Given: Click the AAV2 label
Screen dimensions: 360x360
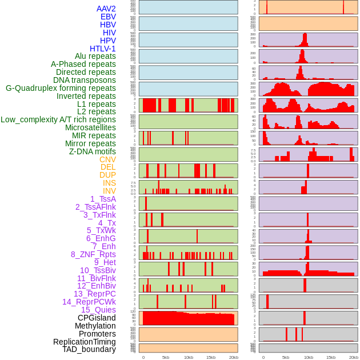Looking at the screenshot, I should coord(106,9).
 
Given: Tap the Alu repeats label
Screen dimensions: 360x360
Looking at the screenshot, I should coord(95,56).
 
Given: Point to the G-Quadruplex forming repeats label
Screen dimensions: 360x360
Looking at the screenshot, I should coord(61,88).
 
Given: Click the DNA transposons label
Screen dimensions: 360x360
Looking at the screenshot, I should coord(85,80).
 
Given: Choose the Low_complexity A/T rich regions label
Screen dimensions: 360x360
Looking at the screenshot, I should coord(58,119).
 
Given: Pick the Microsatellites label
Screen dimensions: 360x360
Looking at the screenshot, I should coord(90,127).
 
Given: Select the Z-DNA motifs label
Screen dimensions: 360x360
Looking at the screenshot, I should coord(92,151).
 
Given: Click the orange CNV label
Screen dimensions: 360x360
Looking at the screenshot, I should coord(107,159).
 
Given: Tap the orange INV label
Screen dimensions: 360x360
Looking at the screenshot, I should coord(109,191).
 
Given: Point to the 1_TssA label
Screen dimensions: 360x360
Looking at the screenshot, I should coord(103,199).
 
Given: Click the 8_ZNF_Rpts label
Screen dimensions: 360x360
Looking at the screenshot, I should coord(93,254).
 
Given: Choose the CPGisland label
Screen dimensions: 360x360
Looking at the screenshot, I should coord(97,318).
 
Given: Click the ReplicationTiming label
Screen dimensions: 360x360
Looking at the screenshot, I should coord(84,342).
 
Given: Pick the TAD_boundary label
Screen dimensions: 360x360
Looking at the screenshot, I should coord(89,349).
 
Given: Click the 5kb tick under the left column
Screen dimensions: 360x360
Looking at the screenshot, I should coord(166,357).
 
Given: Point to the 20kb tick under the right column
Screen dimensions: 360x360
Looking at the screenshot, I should coord(354,357).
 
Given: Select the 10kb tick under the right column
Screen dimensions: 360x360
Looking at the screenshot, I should coord(309,357).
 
